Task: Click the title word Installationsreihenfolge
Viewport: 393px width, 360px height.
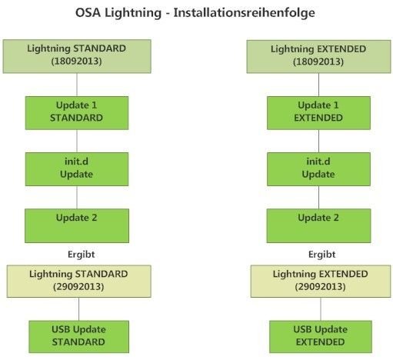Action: [x=244, y=13]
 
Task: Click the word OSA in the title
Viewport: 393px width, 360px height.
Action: [x=88, y=12]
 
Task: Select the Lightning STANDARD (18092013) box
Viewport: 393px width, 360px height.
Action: [x=77, y=56]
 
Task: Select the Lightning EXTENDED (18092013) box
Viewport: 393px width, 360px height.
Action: [x=318, y=56]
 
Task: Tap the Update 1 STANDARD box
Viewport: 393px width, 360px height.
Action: [x=77, y=113]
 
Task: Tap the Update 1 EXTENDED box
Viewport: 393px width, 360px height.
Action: [x=318, y=113]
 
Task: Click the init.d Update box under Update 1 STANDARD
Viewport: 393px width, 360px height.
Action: [x=77, y=169]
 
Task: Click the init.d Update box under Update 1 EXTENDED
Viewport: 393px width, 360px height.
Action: [x=318, y=169]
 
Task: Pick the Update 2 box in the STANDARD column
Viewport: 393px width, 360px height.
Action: [x=77, y=225]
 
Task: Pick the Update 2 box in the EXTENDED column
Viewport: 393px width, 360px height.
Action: [x=318, y=225]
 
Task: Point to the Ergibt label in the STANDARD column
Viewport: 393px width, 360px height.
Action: [x=82, y=255]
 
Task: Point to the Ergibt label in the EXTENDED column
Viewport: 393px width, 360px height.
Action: [x=322, y=255]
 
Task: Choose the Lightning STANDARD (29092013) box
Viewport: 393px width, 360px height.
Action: [x=79, y=282]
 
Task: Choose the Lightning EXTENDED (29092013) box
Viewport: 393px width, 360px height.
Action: [x=321, y=282]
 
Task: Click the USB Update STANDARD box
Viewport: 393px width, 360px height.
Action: [x=79, y=337]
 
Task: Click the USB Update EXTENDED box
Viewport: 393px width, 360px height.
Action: [x=321, y=337]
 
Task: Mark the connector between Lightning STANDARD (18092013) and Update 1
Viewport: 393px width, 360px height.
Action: [x=77, y=85]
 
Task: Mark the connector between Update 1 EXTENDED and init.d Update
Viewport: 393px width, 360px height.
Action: [x=318, y=141]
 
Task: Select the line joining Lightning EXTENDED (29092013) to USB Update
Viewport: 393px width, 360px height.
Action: [x=321, y=309]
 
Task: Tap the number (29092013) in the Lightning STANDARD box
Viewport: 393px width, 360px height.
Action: [x=78, y=287]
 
